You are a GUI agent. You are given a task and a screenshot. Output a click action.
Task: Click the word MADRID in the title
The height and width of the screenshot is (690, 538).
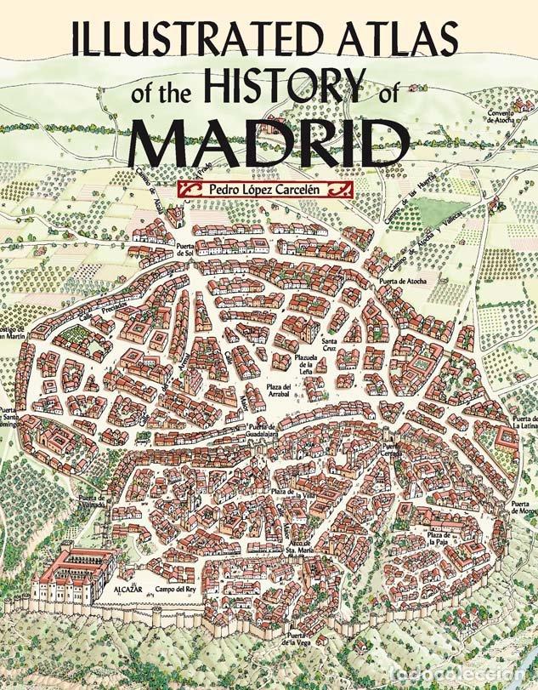click(x=269, y=142)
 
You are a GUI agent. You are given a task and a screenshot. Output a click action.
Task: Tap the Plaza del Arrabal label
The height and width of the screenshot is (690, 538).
click(x=276, y=390)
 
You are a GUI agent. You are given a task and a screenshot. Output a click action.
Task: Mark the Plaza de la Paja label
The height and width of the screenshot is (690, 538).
click(x=439, y=539)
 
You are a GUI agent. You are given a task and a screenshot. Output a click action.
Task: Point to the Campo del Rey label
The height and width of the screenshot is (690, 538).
click(x=176, y=589)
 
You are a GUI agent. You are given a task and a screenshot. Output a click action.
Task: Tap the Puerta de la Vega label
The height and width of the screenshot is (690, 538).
click(x=302, y=641)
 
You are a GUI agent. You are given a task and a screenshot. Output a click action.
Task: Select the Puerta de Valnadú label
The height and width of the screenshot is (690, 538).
click(x=91, y=501)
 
